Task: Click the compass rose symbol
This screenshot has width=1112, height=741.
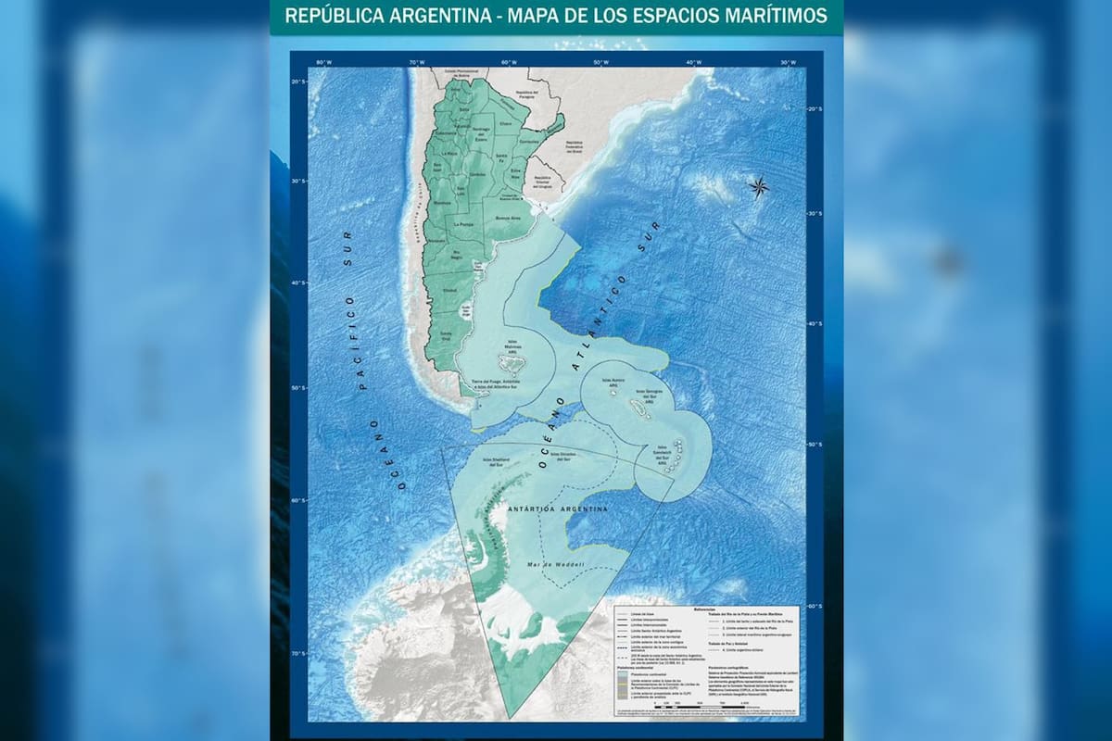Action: point(758,187)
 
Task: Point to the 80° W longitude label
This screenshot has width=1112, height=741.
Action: point(323,62)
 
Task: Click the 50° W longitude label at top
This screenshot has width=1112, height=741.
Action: point(600,62)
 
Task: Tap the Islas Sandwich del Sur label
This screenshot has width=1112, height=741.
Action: point(667,454)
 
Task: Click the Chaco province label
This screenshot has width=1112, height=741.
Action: point(505,123)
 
